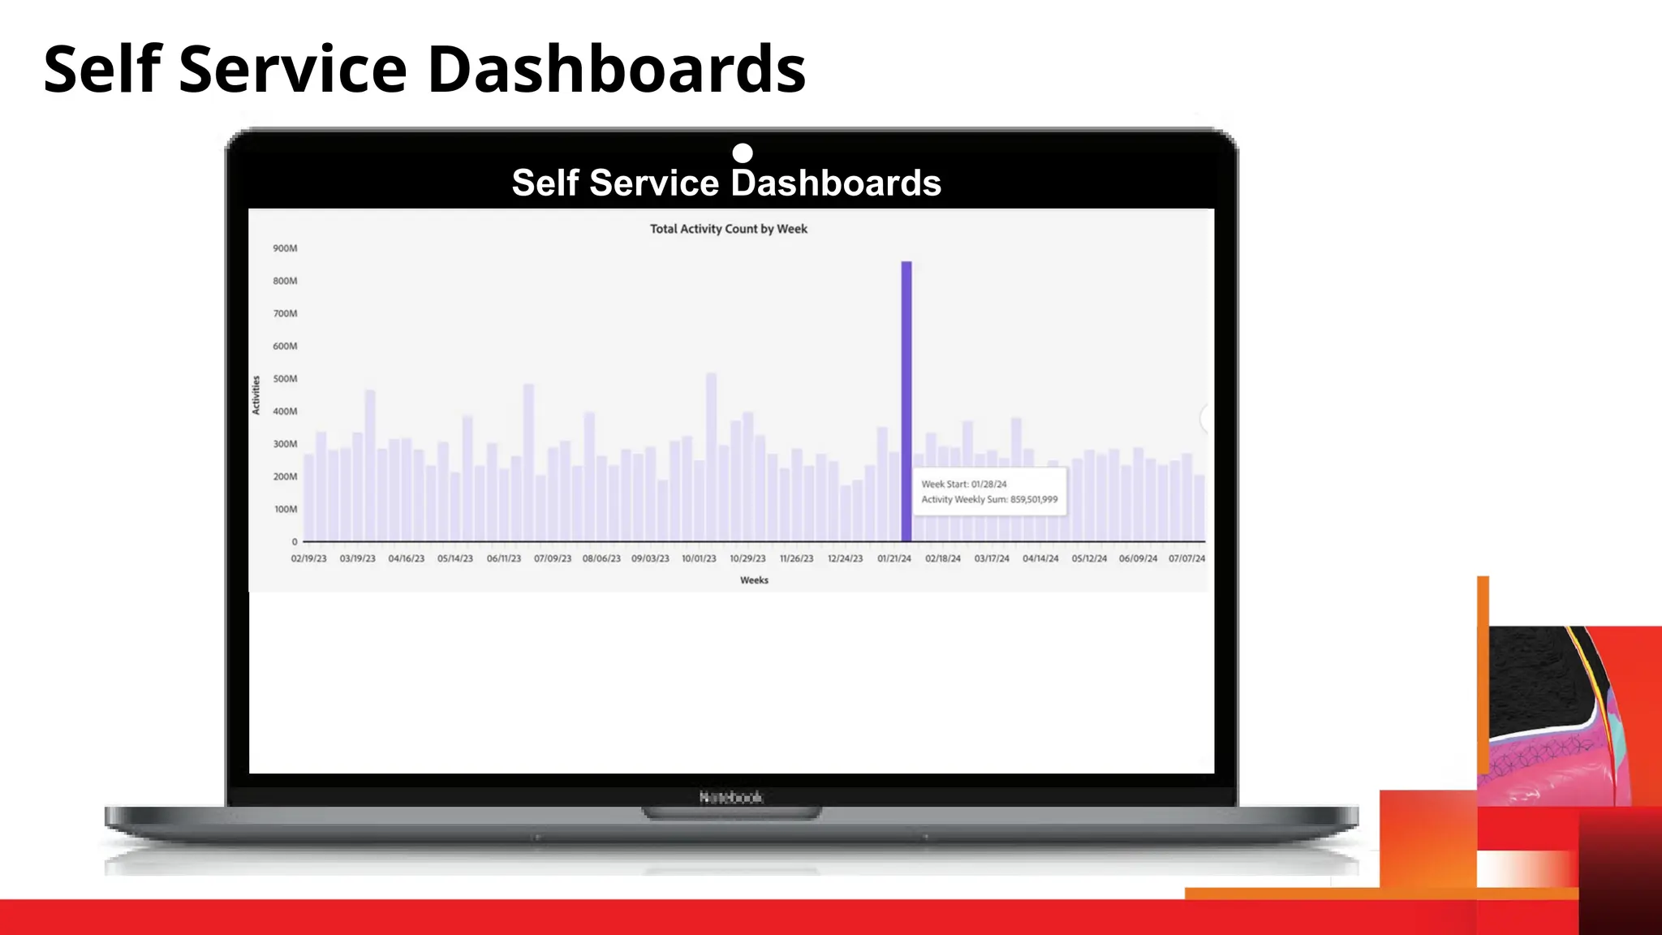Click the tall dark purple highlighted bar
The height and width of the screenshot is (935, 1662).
pos(906,401)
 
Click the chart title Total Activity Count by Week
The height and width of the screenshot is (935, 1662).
pos(728,229)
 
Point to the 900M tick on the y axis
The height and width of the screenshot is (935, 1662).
pos(285,248)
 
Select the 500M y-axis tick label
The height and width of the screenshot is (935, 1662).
pos(285,379)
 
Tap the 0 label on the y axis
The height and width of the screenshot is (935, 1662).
pos(295,541)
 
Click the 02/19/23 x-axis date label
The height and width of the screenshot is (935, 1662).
pos(308,558)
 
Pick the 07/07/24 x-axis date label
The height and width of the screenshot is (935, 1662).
pos(1186,558)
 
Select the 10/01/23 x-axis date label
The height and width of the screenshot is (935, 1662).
pos(699,558)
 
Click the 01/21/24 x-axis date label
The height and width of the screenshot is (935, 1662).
pos(893,558)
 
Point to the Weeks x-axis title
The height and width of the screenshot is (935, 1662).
pos(754,580)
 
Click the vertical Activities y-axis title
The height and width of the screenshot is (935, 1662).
pos(256,395)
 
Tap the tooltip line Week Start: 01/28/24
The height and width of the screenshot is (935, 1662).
pos(964,484)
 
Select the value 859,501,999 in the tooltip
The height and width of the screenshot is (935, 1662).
pos(1034,499)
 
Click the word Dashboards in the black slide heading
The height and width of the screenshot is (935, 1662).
pos(616,69)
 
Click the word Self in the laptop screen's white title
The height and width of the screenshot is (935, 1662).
pos(545,183)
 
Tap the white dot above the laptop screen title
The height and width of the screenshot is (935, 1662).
pos(743,153)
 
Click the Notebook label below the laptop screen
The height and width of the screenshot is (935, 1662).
pos(731,797)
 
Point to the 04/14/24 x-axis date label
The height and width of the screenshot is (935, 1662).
pos(1040,558)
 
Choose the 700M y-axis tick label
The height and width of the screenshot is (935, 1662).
pos(285,313)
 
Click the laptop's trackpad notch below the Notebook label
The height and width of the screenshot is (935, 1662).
pos(731,812)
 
